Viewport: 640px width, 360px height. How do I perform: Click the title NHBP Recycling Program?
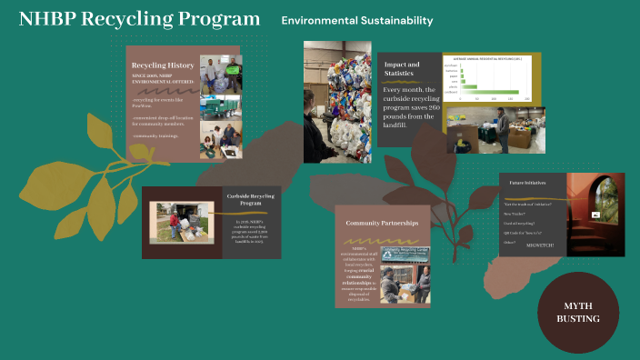[x=139, y=20]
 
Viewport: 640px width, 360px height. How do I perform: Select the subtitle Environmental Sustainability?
[x=356, y=21]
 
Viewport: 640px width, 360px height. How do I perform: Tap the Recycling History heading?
[x=163, y=65]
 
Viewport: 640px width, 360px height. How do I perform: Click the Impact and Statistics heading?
[x=402, y=70]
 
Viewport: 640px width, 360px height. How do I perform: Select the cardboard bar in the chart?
[x=492, y=92]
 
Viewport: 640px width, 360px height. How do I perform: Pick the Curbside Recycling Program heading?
[x=251, y=199]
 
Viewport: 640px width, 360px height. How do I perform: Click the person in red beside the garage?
[x=174, y=222]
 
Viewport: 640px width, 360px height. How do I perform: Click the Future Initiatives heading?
[x=527, y=183]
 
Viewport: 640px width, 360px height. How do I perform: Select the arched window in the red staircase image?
[x=601, y=196]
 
